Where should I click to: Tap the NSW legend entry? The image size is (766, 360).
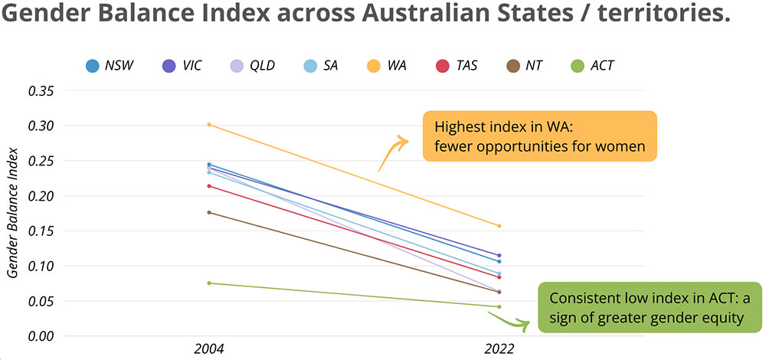[109, 65]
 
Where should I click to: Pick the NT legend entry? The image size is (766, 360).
[524, 65]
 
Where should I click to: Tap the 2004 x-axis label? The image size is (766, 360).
[209, 349]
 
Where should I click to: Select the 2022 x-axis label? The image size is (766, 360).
[499, 349]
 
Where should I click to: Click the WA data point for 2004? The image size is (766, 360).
[209, 125]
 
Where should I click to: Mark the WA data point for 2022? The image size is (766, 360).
[499, 226]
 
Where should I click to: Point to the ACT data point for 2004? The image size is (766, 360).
[209, 283]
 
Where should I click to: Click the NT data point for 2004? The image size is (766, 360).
[209, 212]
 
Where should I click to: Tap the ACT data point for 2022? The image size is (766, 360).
[499, 307]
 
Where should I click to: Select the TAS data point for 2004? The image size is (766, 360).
[209, 186]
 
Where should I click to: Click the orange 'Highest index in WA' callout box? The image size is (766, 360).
[539, 136]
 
